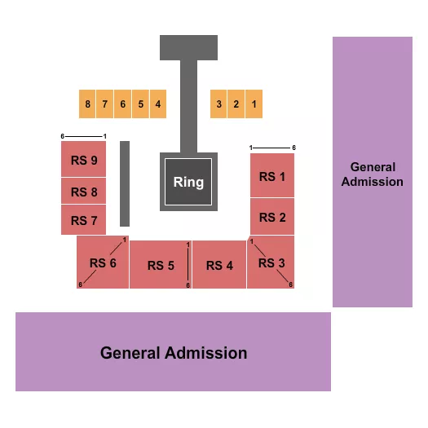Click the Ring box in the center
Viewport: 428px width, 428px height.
[188, 181]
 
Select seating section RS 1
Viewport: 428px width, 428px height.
[272, 176]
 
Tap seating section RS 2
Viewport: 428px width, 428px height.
[272, 217]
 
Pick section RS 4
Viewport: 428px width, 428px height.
[219, 265]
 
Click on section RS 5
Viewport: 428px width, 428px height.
[161, 265]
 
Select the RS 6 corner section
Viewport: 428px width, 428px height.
[103, 263]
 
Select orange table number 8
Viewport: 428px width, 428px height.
[87, 104]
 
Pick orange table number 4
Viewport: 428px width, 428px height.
[158, 104]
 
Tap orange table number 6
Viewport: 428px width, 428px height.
[123, 104]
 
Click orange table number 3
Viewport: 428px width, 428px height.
[218, 104]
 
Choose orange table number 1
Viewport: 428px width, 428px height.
[254, 104]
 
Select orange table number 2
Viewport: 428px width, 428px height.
[236, 104]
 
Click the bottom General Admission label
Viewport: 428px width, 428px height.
[174, 353]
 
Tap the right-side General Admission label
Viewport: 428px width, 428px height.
[372, 173]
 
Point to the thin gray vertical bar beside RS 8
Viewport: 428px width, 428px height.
[125, 183]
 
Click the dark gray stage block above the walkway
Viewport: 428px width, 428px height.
[188, 47]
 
